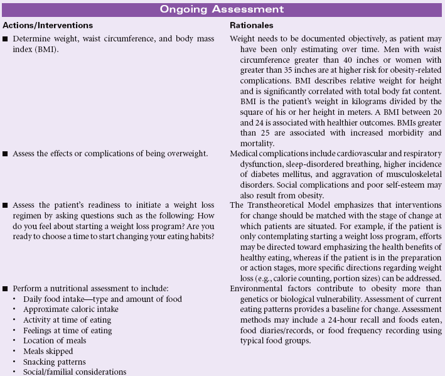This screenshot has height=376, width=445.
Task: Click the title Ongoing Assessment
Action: pos(222,9)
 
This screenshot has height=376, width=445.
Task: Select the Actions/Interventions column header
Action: pos(48,25)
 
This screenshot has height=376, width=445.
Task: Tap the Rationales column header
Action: pos(251,25)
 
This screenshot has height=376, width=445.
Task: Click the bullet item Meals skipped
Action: pos(48,352)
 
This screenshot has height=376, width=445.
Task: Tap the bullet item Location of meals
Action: pos(54,341)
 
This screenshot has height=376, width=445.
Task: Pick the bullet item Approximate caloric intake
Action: pos(70,309)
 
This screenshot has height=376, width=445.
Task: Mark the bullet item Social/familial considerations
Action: pos(74,372)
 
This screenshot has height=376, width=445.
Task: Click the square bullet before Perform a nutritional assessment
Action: pos(6,289)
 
